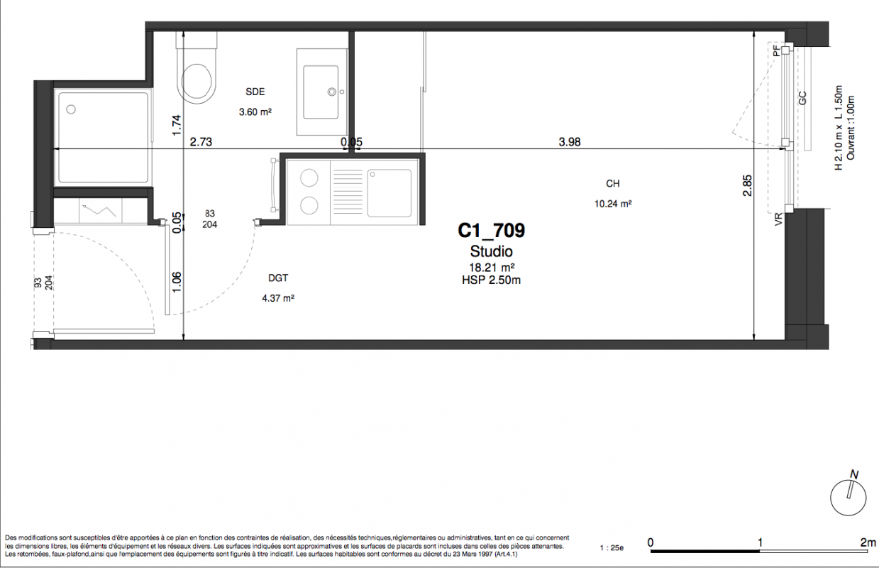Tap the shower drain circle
pos(71,109)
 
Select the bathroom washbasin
pos(321,92)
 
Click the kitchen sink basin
pos(389,193)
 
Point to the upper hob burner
pos(309,178)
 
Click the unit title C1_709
pos(492,231)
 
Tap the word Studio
pos(492,251)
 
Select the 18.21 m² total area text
pos(492,268)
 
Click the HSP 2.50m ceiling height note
pos(492,280)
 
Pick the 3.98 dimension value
pos(570,142)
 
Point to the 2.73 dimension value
pos(201,142)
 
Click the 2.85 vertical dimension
pos(747,185)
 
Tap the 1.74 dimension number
pos(177,125)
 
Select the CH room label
pos(612,183)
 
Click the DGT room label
pos(278,278)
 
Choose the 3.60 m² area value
pos(255,112)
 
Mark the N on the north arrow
pos(854,474)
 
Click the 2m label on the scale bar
pos(868,542)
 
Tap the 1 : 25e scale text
pos(612,548)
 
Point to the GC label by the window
pos(802,98)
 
